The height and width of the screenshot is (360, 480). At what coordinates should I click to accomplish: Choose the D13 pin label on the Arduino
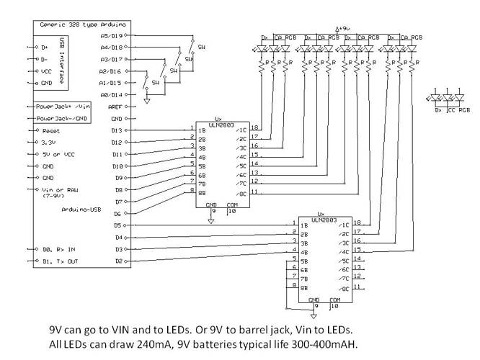(117, 130)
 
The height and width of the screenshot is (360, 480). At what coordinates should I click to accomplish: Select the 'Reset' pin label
(50, 130)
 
